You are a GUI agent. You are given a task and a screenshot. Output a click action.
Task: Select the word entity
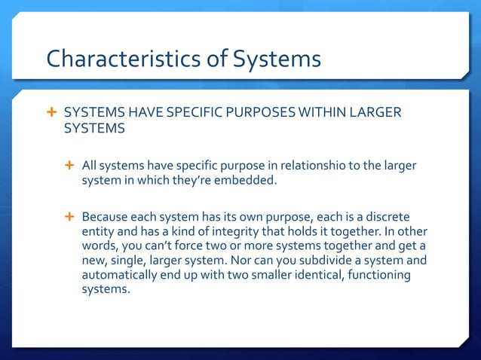pos(98,231)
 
